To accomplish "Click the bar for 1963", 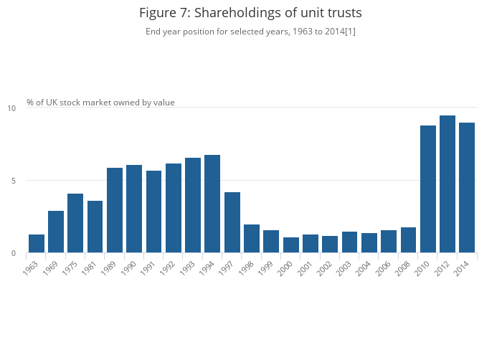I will pyautogui.click(x=37, y=244).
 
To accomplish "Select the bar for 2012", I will pyautogui.click(x=447, y=184).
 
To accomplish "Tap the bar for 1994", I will pyautogui.click(x=212, y=204).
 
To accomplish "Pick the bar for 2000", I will pyautogui.click(x=290, y=245).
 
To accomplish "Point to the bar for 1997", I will pyautogui.click(x=232, y=222).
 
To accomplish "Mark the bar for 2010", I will pyautogui.click(x=428, y=189).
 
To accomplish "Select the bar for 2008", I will pyautogui.click(x=408, y=240).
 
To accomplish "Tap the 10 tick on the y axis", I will pyautogui.click(x=11, y=108).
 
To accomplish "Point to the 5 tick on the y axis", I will pyautogui.click(x=13, y=181).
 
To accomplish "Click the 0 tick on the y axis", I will pyautogui.click(x=13, y=253).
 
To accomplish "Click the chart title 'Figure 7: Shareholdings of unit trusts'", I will pyautogui.click(x=250, y=13).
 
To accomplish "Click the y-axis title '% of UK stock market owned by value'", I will pyautogui.click(x=100, y=103).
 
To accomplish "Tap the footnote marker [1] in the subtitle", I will pyautogui.click(x=350, y=32).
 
